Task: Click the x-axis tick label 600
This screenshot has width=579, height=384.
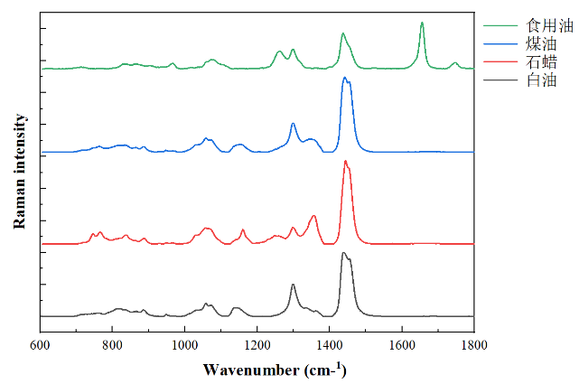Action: coord(40,345)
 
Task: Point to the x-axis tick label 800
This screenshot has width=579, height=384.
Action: coord(112,345)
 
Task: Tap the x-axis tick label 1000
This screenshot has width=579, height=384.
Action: coord(184,345)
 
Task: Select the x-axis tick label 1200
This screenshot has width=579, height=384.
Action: coord(257,345)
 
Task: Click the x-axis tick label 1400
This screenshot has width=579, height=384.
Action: coord(330,345)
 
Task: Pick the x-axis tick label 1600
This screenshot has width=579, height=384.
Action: coord(402,345)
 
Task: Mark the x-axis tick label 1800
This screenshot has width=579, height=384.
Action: coord(474,345)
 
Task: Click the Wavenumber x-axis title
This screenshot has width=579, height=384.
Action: coord(275,370)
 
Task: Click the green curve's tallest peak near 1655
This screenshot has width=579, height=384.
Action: coord(422,23)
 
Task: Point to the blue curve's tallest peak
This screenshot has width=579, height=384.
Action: coord(344,79)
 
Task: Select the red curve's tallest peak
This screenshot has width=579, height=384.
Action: coord(345,161)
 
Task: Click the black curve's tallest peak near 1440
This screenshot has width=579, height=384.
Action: coord(343,253)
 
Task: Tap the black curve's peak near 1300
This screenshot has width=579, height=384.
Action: coord(293,285)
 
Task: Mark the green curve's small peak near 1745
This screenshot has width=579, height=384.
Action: coord(454,62)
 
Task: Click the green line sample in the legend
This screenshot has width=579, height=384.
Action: coord(498,28)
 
